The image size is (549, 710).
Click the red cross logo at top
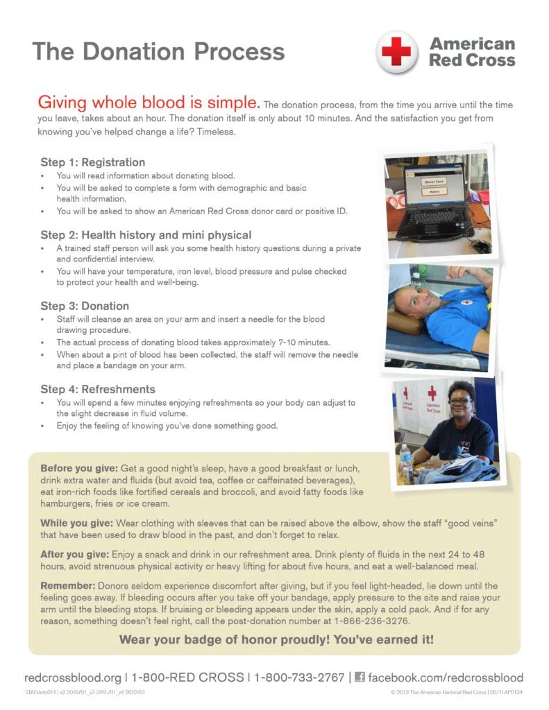click(x=397, y=52)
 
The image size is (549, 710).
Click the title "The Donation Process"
click(x=158, y=51)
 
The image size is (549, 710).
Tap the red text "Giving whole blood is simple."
click(x=149, y=103)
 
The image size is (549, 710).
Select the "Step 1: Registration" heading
click(x=92, y=162)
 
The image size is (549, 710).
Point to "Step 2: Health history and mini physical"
click(x=146, y=235)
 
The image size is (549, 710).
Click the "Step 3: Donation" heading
click(x=85, y=306)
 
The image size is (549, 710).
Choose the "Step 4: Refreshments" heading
click(x=98, y=389)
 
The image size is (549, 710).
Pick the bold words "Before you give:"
click(x=79, y=468)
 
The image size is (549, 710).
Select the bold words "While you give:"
click(x=77, y=522)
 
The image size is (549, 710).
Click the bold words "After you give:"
click(x=74, y=554)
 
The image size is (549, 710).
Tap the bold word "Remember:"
click(x=67, y=586)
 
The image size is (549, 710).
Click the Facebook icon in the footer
click(x=360, y=677)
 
